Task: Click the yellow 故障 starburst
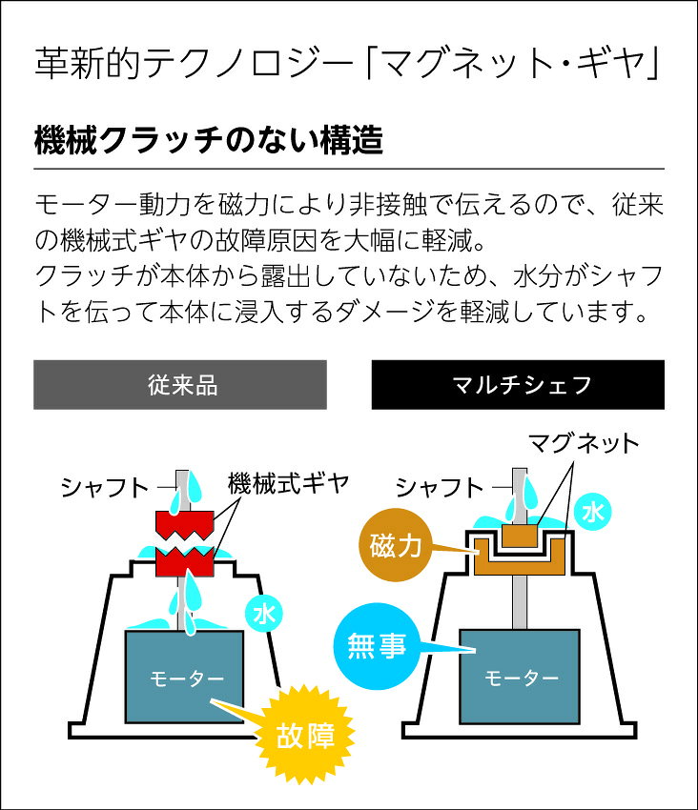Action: [305, 735]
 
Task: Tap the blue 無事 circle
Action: [377, 646]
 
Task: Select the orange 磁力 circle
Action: [396, 545]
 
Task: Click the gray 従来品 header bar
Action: [180, 385]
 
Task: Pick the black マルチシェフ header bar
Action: [518, 385]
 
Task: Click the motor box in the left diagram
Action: [185, 677]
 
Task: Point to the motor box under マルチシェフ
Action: [520, 677]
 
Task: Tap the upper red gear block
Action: [185, 523]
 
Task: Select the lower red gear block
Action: [185, 562]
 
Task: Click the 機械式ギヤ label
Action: [289, 484]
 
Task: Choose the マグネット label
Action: [584, 444]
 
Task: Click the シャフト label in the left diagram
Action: [105, 488]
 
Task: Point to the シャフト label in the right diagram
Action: [440, 488]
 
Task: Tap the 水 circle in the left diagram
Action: [264, 614]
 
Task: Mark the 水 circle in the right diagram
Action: [592, 513]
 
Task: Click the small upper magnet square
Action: [520, 538]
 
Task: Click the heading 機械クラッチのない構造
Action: [209, 140]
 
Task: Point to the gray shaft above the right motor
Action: [520, 602]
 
